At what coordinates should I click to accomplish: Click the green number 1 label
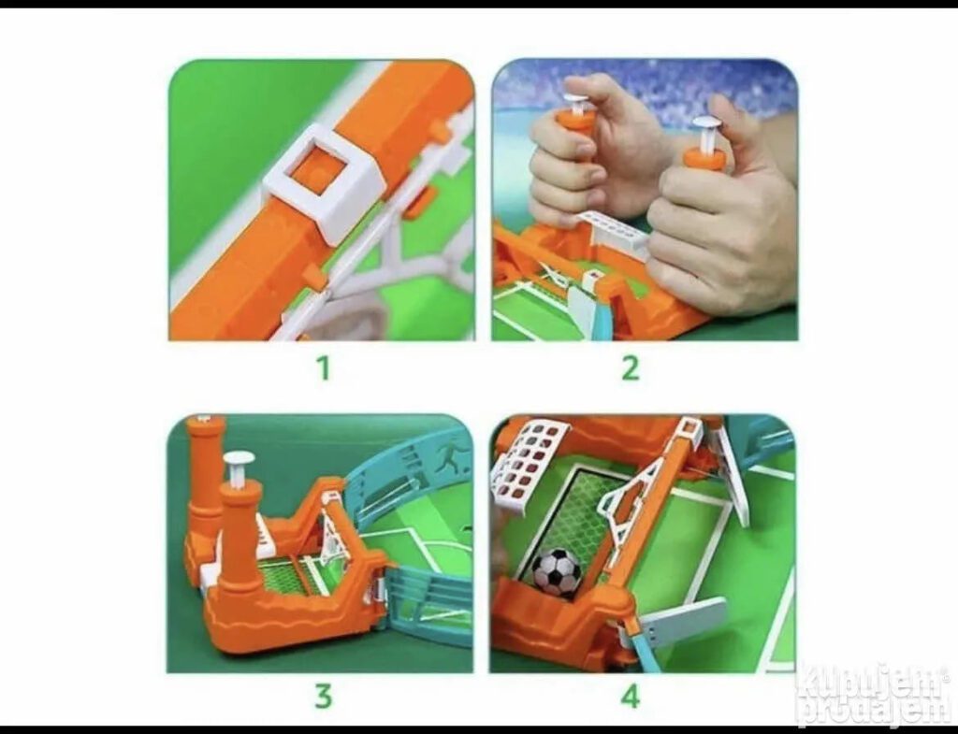(x=323, y=368)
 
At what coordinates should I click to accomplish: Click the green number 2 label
(x=630, y=368)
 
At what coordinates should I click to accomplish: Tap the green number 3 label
(x=323, y=697)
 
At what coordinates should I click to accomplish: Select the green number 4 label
(x=630, y=697)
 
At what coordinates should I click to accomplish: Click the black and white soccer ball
(x=557, y=571)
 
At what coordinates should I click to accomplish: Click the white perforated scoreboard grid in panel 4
(x=530, y=464)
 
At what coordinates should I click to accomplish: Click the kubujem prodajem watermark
(x=876, y=695)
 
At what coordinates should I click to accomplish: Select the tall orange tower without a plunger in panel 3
(x=202, y=488)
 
